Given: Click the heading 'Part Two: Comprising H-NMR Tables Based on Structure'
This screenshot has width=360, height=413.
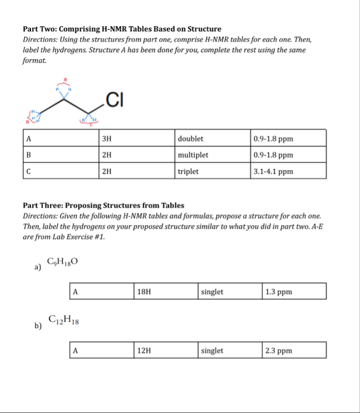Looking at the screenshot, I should (x=122, y=29).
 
